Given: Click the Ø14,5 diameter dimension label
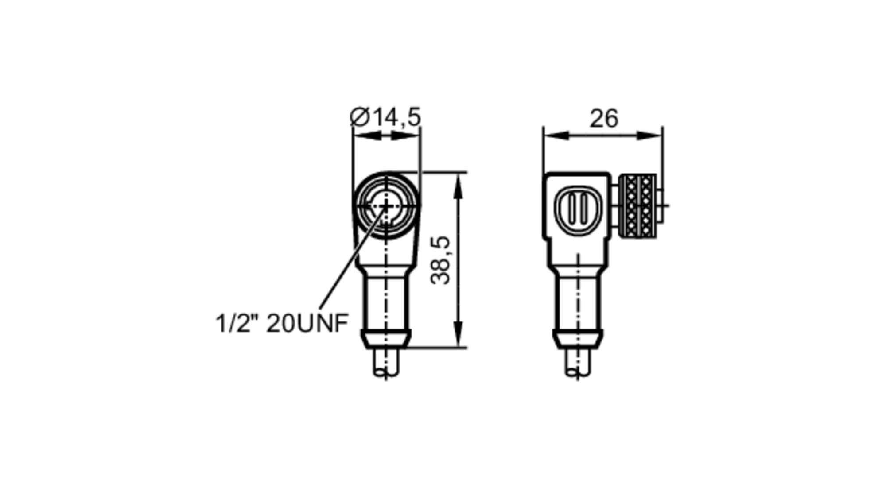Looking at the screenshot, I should (x=385, y=117).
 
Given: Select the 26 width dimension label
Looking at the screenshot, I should (x=603, y=119).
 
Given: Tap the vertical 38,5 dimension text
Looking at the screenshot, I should (x=441, y=260).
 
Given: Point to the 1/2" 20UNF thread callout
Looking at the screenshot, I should (x=282, y=323).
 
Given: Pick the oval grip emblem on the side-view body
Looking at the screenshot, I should (x=579, y=211).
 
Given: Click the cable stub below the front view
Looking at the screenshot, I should (x=386, y=362).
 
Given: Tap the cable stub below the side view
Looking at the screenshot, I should (x=578, y=362).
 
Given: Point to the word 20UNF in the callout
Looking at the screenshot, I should (x=307, y=323).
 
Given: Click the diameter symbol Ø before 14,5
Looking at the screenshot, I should (x=359, y=117).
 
